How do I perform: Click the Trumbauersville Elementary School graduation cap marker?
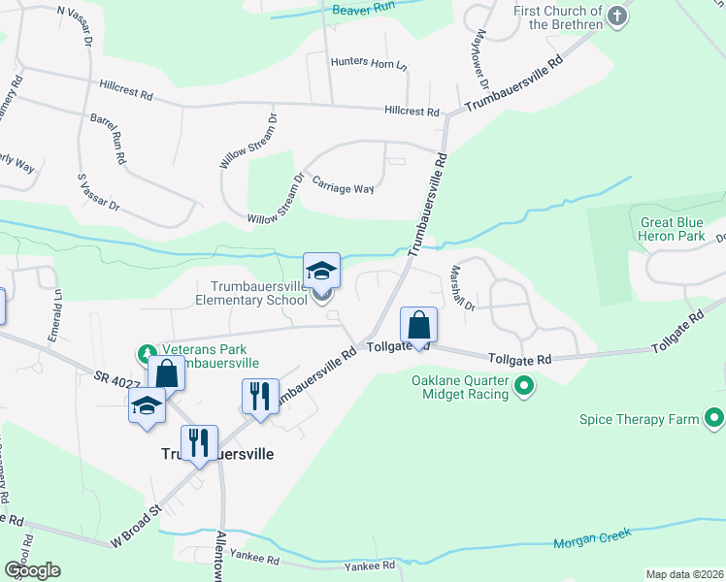pyautogui.click(x=321, y=272)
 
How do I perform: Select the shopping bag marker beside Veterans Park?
pyautogui.click(x=167, y=373)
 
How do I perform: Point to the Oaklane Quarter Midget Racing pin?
pyautogui.click(x=525, y=387)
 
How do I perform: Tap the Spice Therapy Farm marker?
pyautogui.click(x=714, y=419)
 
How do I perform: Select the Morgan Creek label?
pyautogui.click(x=592, y=537)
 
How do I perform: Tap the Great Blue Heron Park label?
pyautogui.click(x=671, y=229)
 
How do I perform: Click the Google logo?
pyautogui.click(x=32, y=569)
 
